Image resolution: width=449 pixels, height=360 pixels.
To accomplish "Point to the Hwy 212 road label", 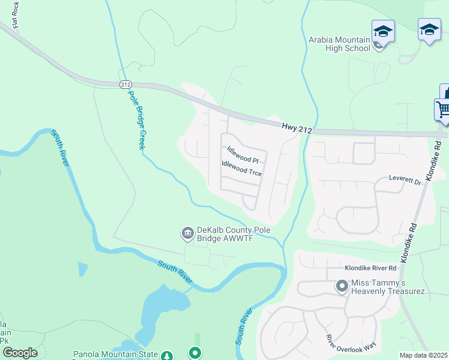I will [x=297, y=126].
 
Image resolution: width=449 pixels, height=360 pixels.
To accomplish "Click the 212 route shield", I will [x=125, y=84].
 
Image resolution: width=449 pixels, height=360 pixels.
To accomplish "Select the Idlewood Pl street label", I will [x=242, y=155].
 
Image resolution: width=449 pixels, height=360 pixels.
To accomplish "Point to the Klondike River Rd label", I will [x=371, y=268].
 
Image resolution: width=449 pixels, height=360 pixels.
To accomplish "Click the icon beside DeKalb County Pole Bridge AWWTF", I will [x=187, y=233].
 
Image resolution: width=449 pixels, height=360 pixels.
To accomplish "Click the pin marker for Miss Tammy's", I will [x=342, y=286].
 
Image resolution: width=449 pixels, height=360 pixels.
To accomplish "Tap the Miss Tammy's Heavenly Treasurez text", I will [x=388, y=287].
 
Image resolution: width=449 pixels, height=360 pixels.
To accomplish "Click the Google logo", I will [x=20, y=352].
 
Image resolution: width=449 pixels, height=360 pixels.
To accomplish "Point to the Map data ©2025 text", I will [x=423, y=355].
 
